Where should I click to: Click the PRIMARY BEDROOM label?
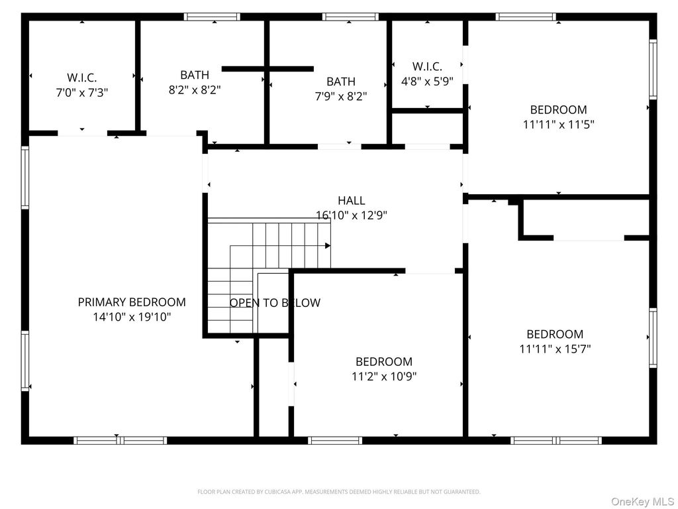coord(132,302)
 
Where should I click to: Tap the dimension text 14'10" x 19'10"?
coord(132,317)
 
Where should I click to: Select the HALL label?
coord(351,200)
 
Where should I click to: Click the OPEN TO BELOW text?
coord(275,303)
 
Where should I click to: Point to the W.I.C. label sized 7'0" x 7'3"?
coord(81,78)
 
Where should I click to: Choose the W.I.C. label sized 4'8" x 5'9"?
coord(427,66)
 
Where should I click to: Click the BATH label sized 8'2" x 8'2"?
coord(194,75)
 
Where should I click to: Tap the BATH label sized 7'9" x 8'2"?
coord(340,82)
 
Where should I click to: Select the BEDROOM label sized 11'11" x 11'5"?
coord(558,110)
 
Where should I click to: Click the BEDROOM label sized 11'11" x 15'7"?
coord(555,334)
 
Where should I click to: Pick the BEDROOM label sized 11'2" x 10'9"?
coord(384,362)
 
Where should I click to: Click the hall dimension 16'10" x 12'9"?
coord(351,215)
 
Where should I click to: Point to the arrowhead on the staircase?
coord(327,246)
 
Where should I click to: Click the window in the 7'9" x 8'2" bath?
coord(350,17)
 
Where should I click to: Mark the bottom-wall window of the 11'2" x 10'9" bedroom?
coord(335,440)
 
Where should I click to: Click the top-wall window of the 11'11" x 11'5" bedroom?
coord(526,17)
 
